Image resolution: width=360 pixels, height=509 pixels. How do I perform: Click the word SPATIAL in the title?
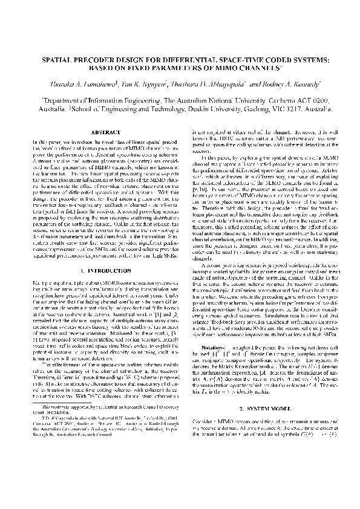coord(56,61)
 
